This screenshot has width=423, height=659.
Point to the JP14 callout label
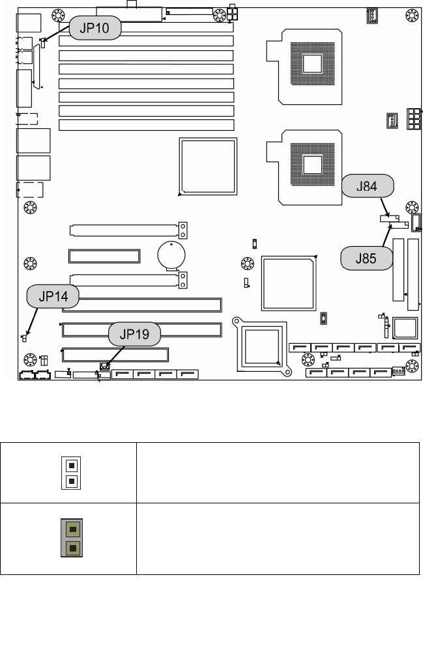tap(53, 298)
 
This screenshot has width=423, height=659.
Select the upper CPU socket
tap(313, 63)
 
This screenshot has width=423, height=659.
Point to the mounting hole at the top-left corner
tap(58, 14)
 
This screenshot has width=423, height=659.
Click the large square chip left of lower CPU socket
tap(207, 166)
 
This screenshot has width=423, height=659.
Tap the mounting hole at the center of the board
tap(247, 264)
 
